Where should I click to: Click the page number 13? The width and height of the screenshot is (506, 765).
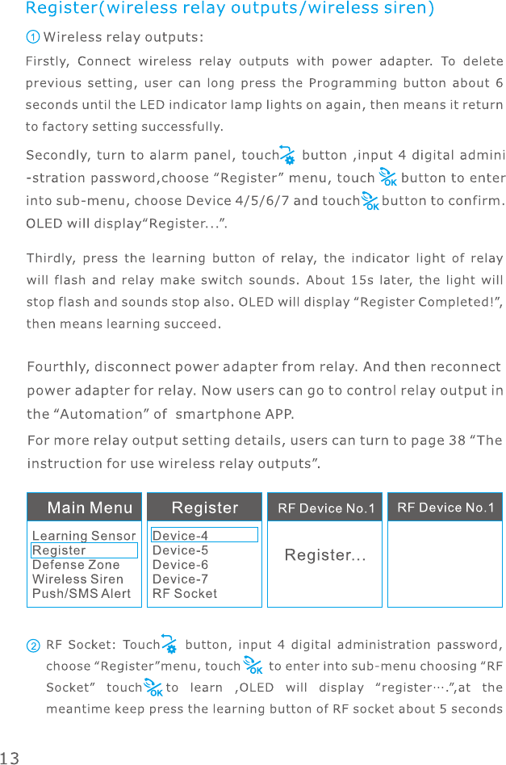coord(10,758)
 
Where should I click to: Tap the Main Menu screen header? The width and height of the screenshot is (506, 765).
coord(90,508)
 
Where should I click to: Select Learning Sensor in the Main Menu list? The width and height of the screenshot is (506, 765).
coord(84,536)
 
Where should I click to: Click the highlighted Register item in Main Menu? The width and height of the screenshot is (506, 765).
coord(59,550)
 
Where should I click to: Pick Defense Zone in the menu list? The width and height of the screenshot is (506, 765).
coord(76,565)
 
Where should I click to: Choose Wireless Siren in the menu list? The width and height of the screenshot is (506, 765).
coord(77,579)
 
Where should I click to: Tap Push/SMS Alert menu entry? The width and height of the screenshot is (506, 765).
coord(81,594)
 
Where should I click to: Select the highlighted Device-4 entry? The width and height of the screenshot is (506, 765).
coord(180,536)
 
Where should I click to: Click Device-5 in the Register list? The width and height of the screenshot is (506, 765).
coord(180,550)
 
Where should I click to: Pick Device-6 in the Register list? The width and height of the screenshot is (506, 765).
coord(180,565)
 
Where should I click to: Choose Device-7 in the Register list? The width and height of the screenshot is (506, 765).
coord(180,579)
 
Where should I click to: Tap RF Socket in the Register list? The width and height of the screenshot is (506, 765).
coord(185,594)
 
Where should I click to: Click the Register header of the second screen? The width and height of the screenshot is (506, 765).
coord(205,508)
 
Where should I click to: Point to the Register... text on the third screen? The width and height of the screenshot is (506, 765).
coord(325,556)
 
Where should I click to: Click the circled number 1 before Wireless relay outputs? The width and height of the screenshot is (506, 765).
coord(32,37)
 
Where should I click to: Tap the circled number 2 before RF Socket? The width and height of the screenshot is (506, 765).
coord(33,646)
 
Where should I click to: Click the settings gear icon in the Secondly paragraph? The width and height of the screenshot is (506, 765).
coord(286,155)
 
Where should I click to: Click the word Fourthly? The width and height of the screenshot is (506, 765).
coord(57,367)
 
